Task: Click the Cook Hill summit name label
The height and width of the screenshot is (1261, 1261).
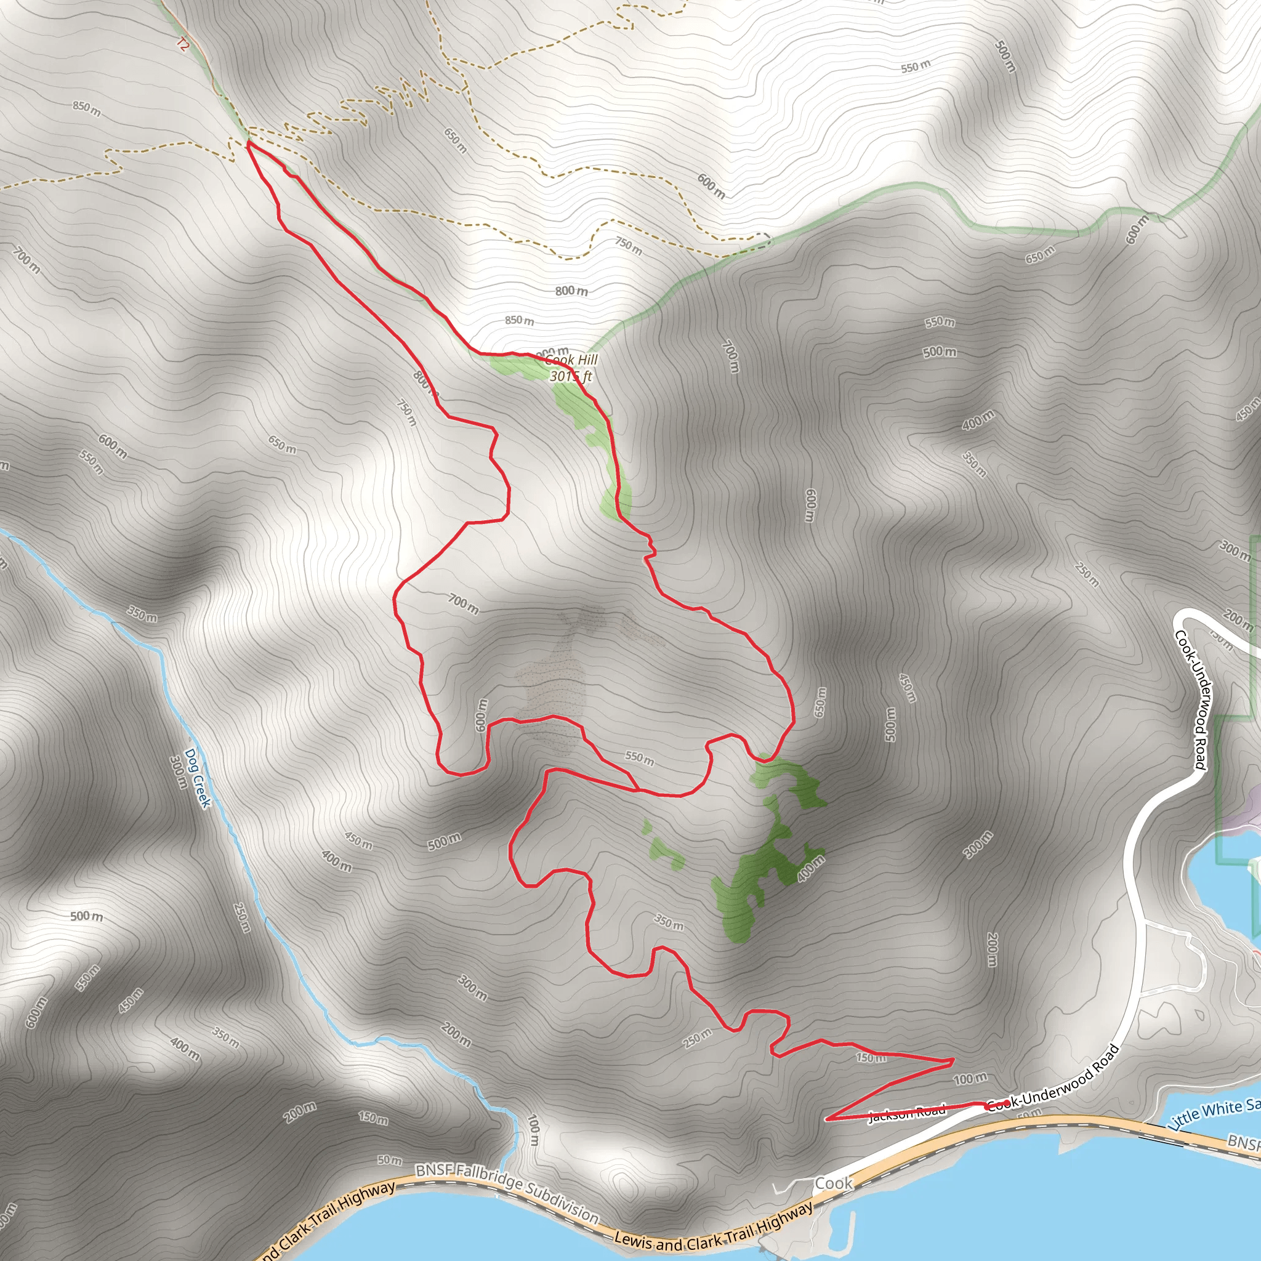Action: pos(572,360)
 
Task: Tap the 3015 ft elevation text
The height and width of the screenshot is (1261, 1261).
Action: pos(570,376)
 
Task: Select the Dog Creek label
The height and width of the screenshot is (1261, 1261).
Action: pos(198,778)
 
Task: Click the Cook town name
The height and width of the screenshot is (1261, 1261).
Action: pos(834,1183)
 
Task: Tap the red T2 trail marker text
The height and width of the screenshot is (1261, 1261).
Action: pos(182,45)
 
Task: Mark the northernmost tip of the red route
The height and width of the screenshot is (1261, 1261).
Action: pos(248,142)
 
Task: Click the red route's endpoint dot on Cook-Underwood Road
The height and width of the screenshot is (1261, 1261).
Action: pos(1007,1103)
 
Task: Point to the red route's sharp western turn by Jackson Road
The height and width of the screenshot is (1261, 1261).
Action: pos(828,1119)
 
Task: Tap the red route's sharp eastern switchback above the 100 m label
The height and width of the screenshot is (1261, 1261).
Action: pos(953,1060)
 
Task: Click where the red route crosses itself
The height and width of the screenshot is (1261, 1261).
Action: pos(637,790)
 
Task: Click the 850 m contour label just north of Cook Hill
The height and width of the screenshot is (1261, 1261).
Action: pos(519,320)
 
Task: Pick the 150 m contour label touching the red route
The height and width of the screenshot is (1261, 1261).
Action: pos(871,1057)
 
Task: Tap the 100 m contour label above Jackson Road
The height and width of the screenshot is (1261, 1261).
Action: pos(970,1079)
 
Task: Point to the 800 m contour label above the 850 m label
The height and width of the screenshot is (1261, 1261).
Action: pos(571,291)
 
